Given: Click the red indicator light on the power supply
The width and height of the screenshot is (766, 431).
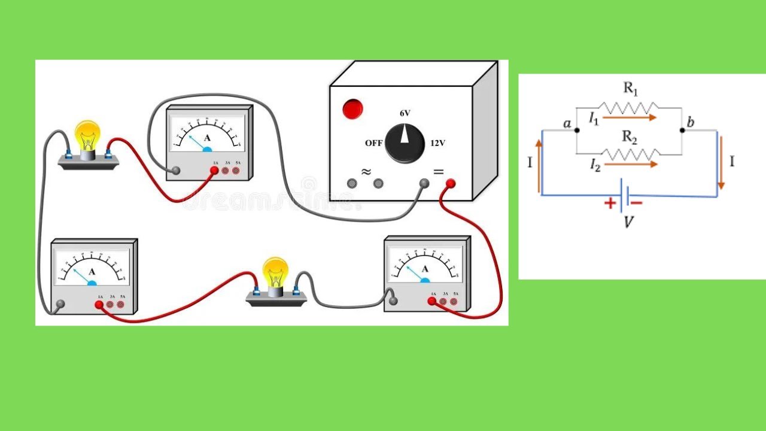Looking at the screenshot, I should click(x=352, y=109).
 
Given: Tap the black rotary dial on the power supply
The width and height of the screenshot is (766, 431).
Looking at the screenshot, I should click(x=405, y=143).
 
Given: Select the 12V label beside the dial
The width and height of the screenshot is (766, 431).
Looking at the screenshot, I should click(x=437, y=144).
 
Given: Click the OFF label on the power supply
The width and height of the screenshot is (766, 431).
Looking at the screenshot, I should click(x=374, y=144).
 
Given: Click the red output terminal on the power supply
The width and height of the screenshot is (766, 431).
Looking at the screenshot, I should click(x=450, y=184).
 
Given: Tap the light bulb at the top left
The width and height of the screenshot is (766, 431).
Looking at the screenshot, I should click(x=87, y=136).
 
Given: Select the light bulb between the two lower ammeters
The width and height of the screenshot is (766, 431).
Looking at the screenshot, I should click(x=275, y=274).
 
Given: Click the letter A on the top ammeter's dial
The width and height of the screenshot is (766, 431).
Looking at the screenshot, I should click(x=208, y=138).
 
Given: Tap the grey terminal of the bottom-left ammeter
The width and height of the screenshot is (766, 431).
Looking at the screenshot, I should click(x=60, y=304).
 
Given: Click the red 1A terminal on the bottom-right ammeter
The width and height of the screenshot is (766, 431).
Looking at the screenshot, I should click(x=431, y=301).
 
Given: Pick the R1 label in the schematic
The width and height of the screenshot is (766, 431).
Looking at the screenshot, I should click(x=631, y=89).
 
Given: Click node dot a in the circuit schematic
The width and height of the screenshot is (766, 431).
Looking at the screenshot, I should click(x=576, y=130).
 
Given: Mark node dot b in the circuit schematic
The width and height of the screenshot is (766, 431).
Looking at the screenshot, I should click(x=682, y=130).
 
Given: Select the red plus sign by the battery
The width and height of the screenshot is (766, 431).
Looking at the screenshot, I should click(x=610, y=204).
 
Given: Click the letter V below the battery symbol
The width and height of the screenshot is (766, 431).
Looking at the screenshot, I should click(x=629, y=222).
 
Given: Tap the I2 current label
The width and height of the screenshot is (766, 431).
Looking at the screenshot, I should click(x=594, y=165).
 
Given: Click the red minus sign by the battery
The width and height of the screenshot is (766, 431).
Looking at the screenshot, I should click(x=636, y=203).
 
